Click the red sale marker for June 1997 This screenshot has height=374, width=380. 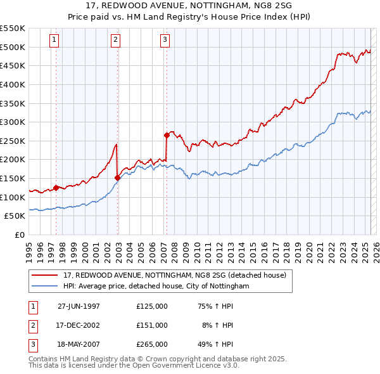pyautogui.click(x=56, y=187)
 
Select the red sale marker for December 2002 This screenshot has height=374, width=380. pyautogui.click(x=118, y=177)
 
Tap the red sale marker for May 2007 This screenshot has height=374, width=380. pyautogui.click(x=167, y=134)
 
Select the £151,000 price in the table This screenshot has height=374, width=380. pyautogui.click(x=152, y=325)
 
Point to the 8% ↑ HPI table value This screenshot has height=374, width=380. pyautogui.click(x=217, y=325)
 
